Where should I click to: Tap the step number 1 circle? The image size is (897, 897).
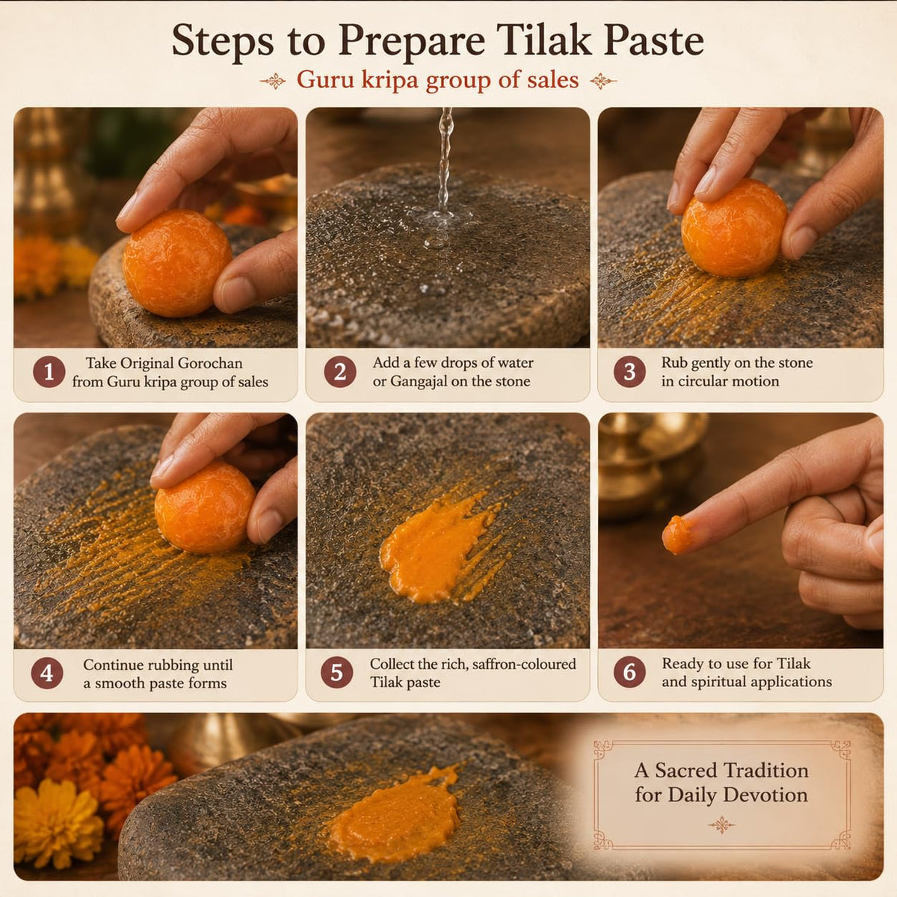point(49,372)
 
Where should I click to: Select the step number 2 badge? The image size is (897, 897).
point(340,372)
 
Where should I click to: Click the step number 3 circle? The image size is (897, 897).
point(629,372)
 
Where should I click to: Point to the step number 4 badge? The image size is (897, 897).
point(47,673)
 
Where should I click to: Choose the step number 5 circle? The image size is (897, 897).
point(336,672)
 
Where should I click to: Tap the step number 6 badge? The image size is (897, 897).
point(629,672)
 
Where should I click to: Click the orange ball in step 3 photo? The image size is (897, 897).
point(734,228)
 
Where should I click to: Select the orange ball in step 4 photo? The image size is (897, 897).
point(205,507)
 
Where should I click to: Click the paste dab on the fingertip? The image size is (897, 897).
point(676,535)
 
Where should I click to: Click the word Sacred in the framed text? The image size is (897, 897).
point(685,771)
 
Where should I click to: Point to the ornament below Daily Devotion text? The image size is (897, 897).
point(721,825)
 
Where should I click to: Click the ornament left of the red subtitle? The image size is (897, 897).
point(274,81)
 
